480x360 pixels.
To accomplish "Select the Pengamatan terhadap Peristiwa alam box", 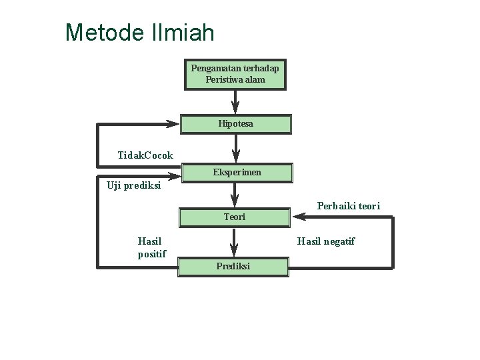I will (235, 74).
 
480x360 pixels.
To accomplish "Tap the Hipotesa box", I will (235, 124).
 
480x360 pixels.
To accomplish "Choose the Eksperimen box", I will (237, 173).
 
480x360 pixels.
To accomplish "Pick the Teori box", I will (234, 217).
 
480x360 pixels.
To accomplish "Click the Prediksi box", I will (233, 267).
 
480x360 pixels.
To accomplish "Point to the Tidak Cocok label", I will (145, 155).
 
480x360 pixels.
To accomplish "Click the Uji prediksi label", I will (134, 186).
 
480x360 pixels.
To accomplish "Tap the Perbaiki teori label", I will (349, 206).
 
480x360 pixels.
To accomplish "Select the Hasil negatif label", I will (326, 241).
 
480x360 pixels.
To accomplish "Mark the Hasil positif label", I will (151, 247).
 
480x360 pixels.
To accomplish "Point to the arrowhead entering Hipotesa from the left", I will (172, 124).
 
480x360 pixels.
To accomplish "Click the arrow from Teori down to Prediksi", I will (234, 241).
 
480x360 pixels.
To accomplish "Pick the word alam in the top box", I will (255, 80).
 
